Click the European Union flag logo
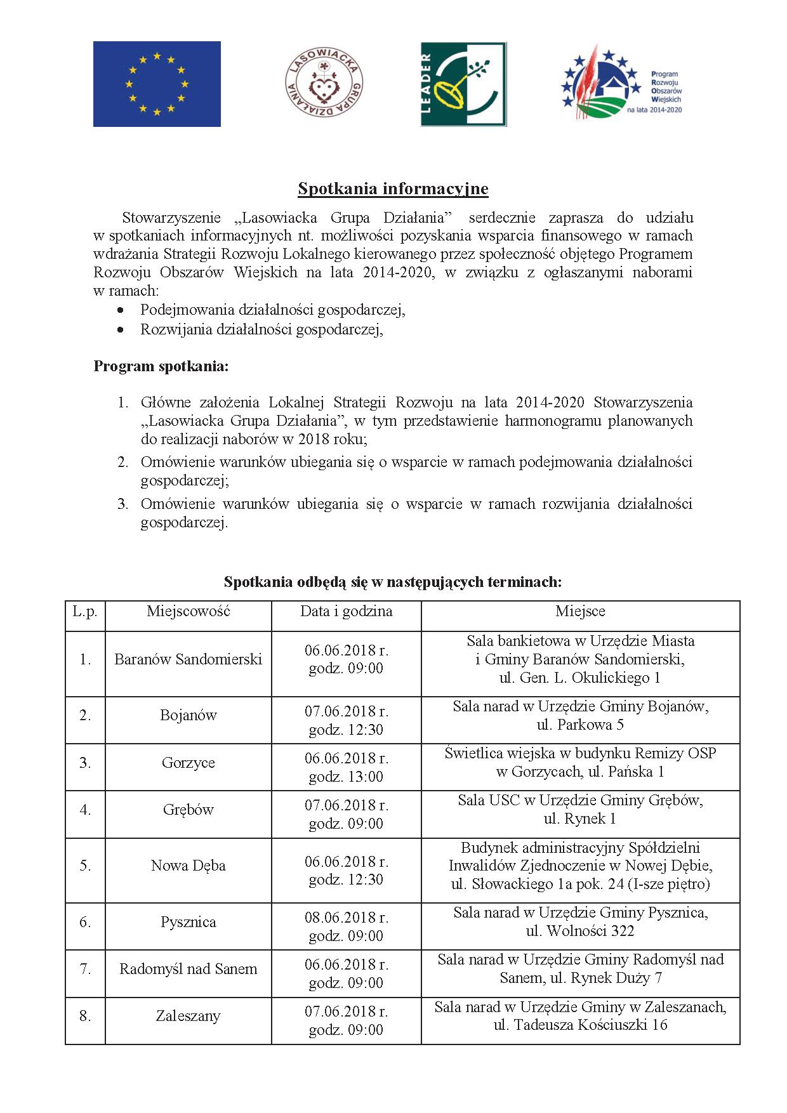click(157, 84)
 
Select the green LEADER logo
click(463, 84)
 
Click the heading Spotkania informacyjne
click(393, 188)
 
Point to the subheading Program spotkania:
click(161, 366)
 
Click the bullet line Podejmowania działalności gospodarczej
click(273, 310)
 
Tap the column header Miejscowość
click(188, 611)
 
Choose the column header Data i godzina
click(346, 611)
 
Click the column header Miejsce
click(580, 611)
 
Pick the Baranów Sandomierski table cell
click(188, 659)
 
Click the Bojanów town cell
click(188, 715)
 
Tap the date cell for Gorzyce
click(346, 767)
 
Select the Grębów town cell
click(188, 810)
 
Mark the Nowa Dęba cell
click(188, 866)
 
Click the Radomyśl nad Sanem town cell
click(188, 969)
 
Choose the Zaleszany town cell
click(188, 1016)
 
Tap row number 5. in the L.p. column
click(85, 866)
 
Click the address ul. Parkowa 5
click(580, 725)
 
